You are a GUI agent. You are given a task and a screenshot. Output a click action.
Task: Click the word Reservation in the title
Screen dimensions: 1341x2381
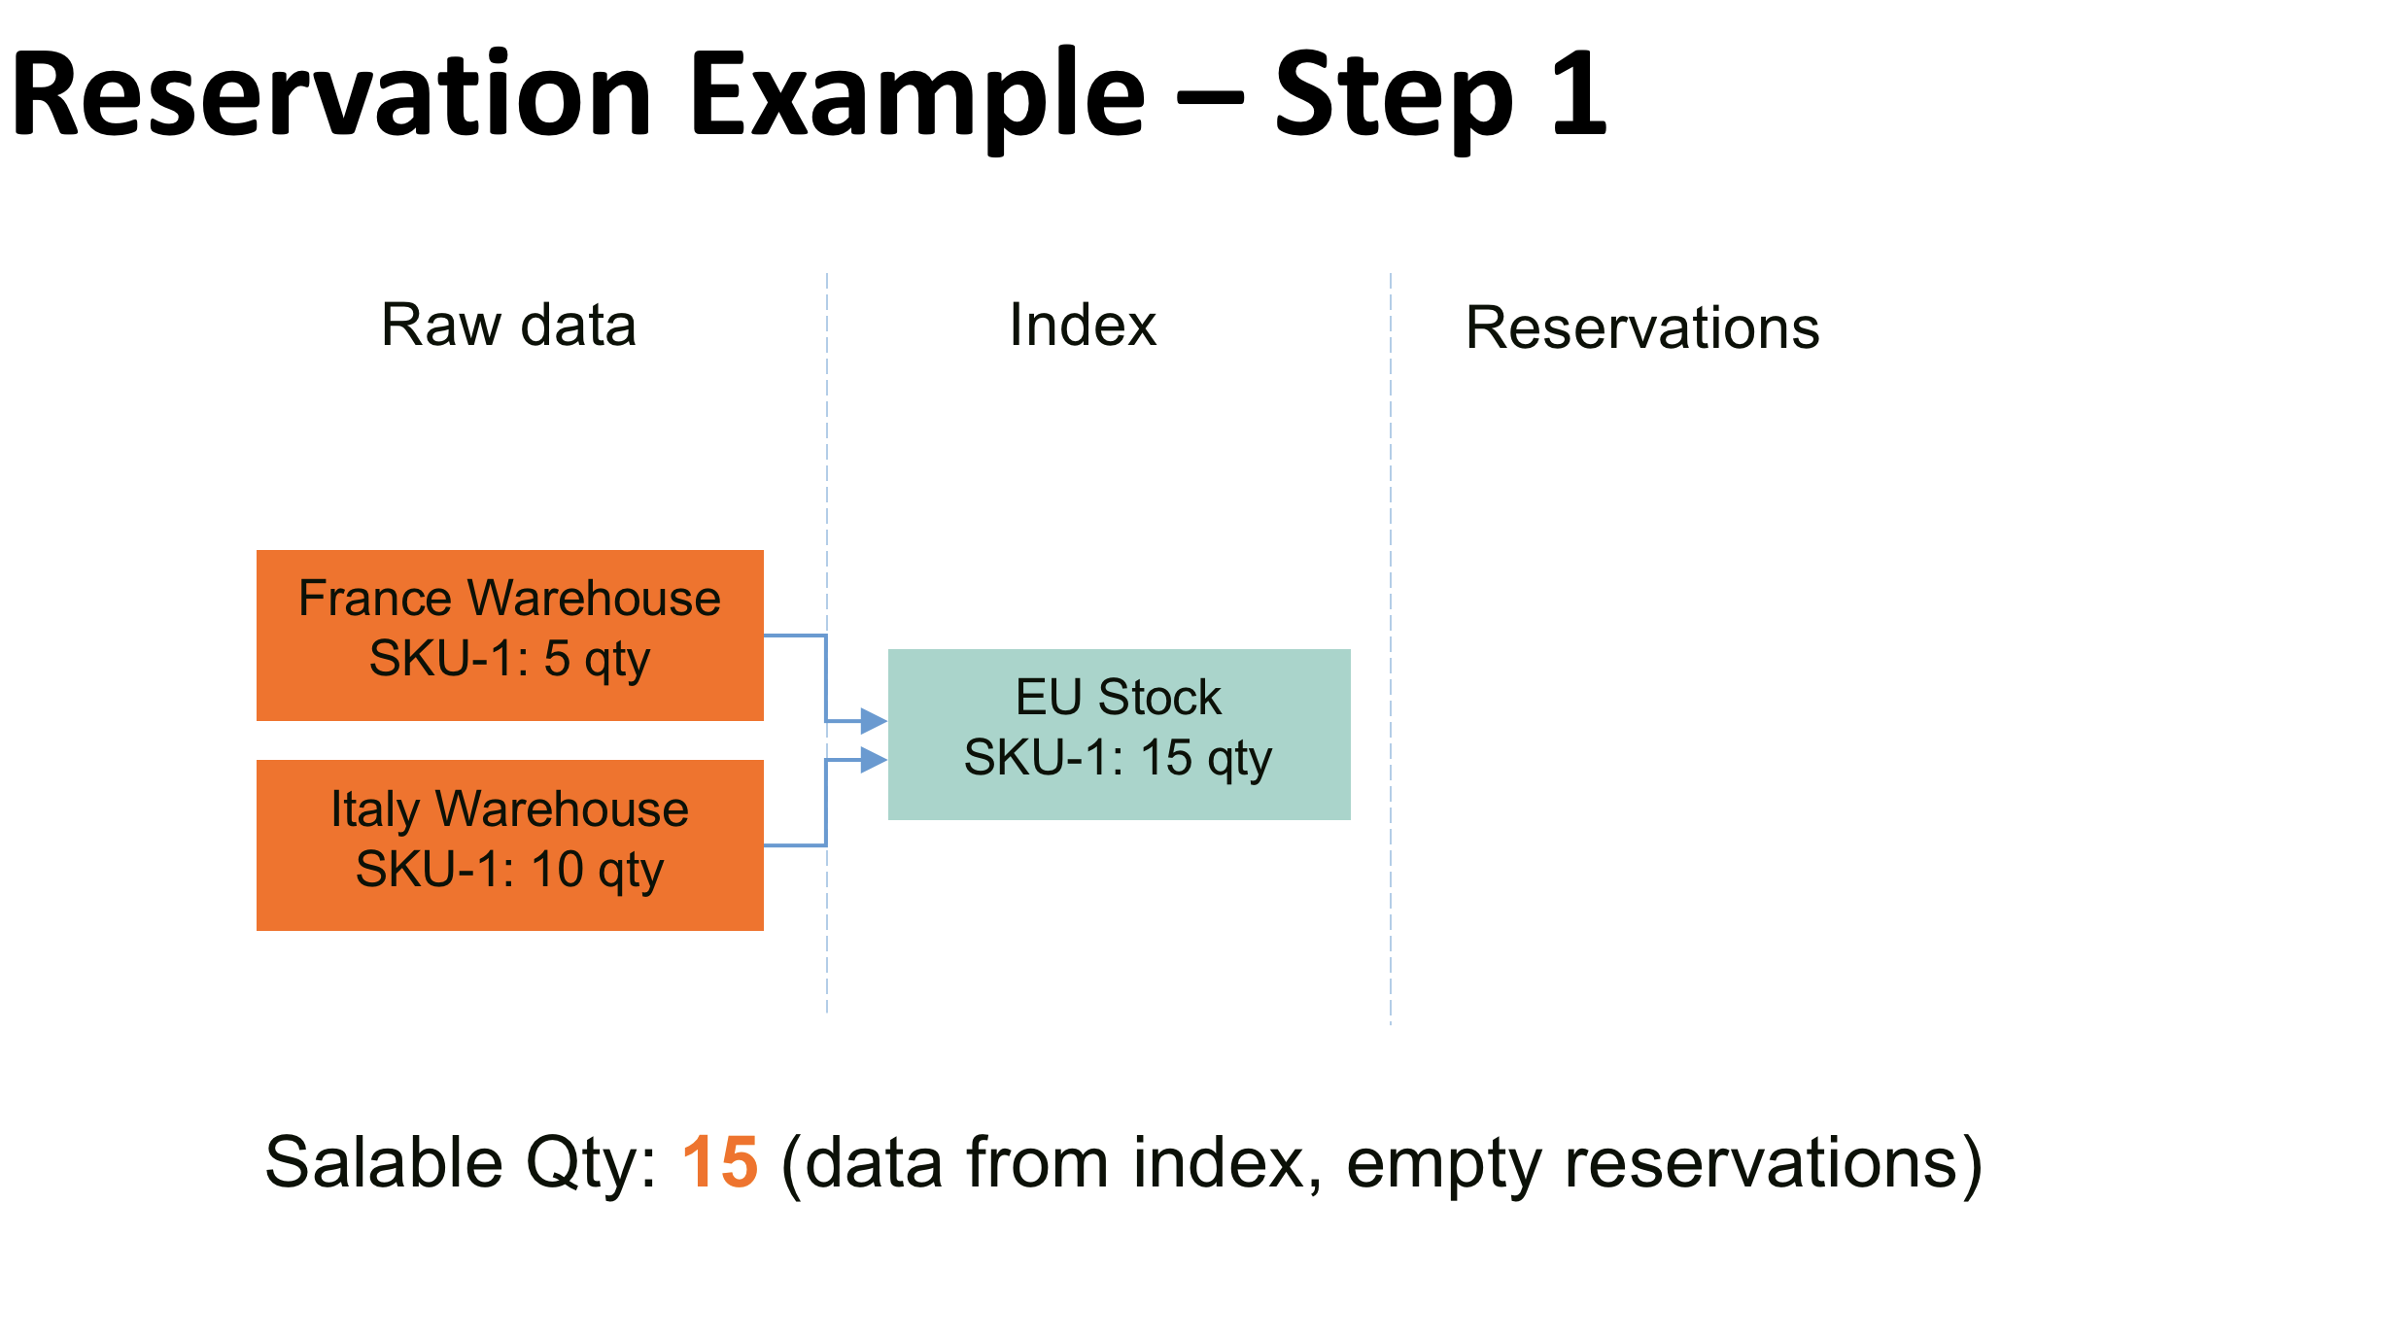pyautogui.click(x=330, y=95)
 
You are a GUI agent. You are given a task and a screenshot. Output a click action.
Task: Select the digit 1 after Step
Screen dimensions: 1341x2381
pyautogui.click(x=1578, y=95)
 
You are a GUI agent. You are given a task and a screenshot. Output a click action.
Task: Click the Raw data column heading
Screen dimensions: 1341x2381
pyautogui.click(x=508, y=325)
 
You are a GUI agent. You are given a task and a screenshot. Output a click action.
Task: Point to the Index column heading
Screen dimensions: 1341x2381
pyautogui.click(x=1083, y=325)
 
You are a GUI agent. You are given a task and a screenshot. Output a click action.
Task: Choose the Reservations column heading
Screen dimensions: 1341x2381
pyautogui.click(x=1642, y=327)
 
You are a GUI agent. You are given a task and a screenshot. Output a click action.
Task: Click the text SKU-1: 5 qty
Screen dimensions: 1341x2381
pyautogui.click(x=509, y=660)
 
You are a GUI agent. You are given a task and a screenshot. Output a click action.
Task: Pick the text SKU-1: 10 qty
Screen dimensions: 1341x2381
pyautogui.click(x=509, y=870)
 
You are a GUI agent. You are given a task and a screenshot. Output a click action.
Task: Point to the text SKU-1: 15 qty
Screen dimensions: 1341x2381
pyautogui.click(x=1118, y=758)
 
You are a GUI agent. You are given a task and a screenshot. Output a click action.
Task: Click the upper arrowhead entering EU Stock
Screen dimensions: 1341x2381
pyautogui.click(x=874, y=721)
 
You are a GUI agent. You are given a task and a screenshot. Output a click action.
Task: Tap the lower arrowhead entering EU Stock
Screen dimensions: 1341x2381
pyautogui.click(x=874, y=759)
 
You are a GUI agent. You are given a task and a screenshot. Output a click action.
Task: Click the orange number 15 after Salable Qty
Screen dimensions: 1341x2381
pyautogui.click(x=719, y=1162)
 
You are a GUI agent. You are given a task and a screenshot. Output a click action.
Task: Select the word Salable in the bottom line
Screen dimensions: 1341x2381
pyautogui.click(x=384, y=1162)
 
